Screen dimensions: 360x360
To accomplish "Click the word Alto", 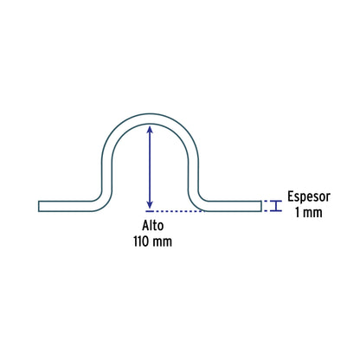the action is [x=153, y=226].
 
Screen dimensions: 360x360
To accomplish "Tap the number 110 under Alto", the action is [x=140, y=241].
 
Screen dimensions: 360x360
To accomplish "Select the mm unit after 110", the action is [x=162, y=242].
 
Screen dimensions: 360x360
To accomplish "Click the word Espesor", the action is [x=309, y=197].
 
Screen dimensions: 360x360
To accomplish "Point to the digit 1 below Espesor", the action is [x=298, y=213].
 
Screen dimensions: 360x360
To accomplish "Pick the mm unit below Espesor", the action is [x=312, y=214].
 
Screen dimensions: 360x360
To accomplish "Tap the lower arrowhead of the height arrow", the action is [x=150, y=204].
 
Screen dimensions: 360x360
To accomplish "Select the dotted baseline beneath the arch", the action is [x=175, y=211].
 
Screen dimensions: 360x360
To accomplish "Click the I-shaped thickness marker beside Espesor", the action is [x=277, y=206].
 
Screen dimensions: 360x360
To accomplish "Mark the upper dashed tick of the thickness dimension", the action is [x=267, y=201].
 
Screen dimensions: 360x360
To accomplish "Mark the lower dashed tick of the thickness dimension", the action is [x=267, y=211].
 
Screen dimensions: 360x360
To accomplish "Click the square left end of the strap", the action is [x=39, y=206].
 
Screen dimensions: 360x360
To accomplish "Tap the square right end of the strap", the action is [x=261, y=206].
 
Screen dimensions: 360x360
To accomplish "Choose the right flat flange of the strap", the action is [x=232, y=206].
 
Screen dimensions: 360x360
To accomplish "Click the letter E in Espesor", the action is [x=291, y=196].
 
